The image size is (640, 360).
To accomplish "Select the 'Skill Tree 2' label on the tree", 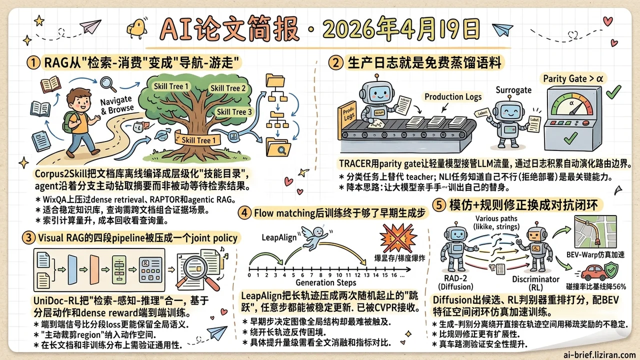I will [x=228, y=88].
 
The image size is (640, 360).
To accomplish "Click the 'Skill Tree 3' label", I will [x=234, y=111].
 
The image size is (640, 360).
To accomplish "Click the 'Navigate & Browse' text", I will [x=117, y=104].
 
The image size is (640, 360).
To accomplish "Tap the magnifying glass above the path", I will [x=108, y=83].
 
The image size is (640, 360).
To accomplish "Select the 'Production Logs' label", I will [x=453, y=97].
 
